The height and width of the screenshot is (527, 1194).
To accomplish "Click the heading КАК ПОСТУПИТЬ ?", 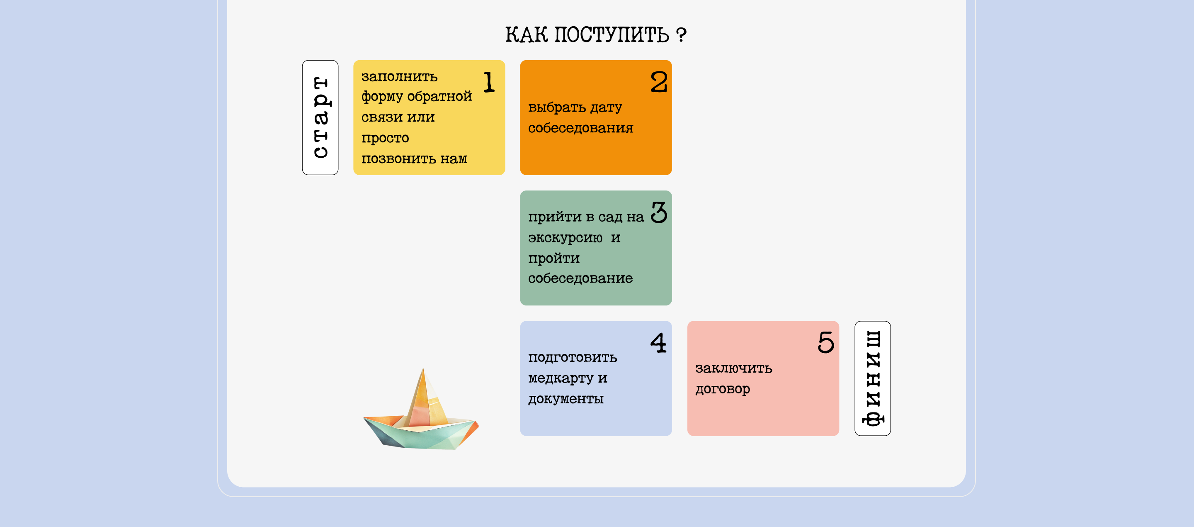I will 596,35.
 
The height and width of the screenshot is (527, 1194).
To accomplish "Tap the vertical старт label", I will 320,117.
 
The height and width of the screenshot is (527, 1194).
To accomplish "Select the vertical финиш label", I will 872,378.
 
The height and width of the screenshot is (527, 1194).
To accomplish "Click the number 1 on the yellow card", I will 489,82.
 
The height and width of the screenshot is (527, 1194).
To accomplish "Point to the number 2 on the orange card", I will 658,82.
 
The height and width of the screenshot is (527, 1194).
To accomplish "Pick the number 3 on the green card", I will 658,212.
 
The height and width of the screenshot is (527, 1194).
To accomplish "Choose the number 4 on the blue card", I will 658,343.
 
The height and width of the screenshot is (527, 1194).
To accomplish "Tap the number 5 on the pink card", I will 825,343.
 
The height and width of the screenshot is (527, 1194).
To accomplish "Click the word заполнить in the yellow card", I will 399,76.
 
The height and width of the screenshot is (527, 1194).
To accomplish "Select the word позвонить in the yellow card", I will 398,159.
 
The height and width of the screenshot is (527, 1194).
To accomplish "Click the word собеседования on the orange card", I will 580,128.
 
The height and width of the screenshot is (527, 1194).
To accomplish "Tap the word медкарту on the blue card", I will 561,378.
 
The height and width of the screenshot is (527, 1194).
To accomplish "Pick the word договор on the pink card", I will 722,389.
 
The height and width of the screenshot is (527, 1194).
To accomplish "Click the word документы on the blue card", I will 565,399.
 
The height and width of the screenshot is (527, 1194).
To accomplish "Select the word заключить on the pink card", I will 733,369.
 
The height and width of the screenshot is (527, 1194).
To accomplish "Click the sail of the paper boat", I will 424,399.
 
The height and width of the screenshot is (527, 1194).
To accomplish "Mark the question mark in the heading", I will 681,35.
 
